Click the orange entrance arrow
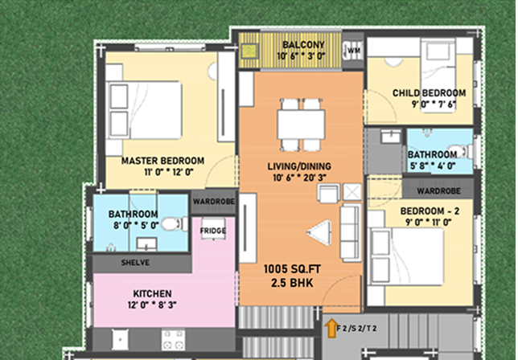pos(331,329)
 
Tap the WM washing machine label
pos(354,51)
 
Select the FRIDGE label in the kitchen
pos(213,231)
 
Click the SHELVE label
pos(135,263)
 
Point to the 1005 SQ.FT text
pos(292,269)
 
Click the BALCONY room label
pos(303,44)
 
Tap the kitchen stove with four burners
pos(174,340)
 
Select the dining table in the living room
pos(301,125)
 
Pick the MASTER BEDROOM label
pos(162,161)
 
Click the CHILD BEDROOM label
pos(430,93)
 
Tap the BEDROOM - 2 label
pos(430,211)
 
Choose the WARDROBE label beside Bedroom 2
pos(438,191)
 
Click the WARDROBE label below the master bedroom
pos(214,201)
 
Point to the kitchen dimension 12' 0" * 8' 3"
pos(152,305)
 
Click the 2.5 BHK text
pos(292,283)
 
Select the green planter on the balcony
pos(249,51)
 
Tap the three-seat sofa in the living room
pos(351,233)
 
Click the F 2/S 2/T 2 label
pos(356,329)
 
